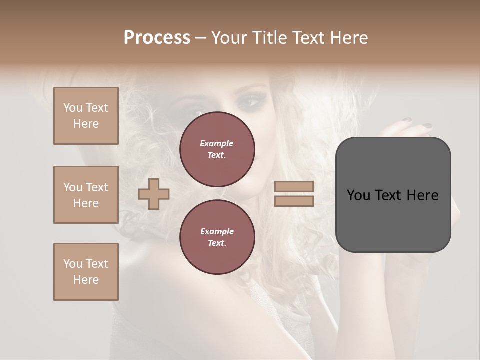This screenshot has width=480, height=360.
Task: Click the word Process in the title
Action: point(157,37)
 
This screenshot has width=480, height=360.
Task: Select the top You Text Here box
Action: point(86,116)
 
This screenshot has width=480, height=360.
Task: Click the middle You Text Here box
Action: point(86,195)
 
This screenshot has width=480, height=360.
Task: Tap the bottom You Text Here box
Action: point(86,272)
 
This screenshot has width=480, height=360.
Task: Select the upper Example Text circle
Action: point(217,149)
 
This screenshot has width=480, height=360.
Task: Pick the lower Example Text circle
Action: point(217,237)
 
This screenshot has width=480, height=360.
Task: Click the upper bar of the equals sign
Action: point(294,187)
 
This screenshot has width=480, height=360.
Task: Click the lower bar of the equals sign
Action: point(294,201)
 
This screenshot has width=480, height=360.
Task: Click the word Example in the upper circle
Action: point(216,143)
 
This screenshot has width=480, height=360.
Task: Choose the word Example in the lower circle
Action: point(217,231)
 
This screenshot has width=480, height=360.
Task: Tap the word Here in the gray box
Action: point(422,195)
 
